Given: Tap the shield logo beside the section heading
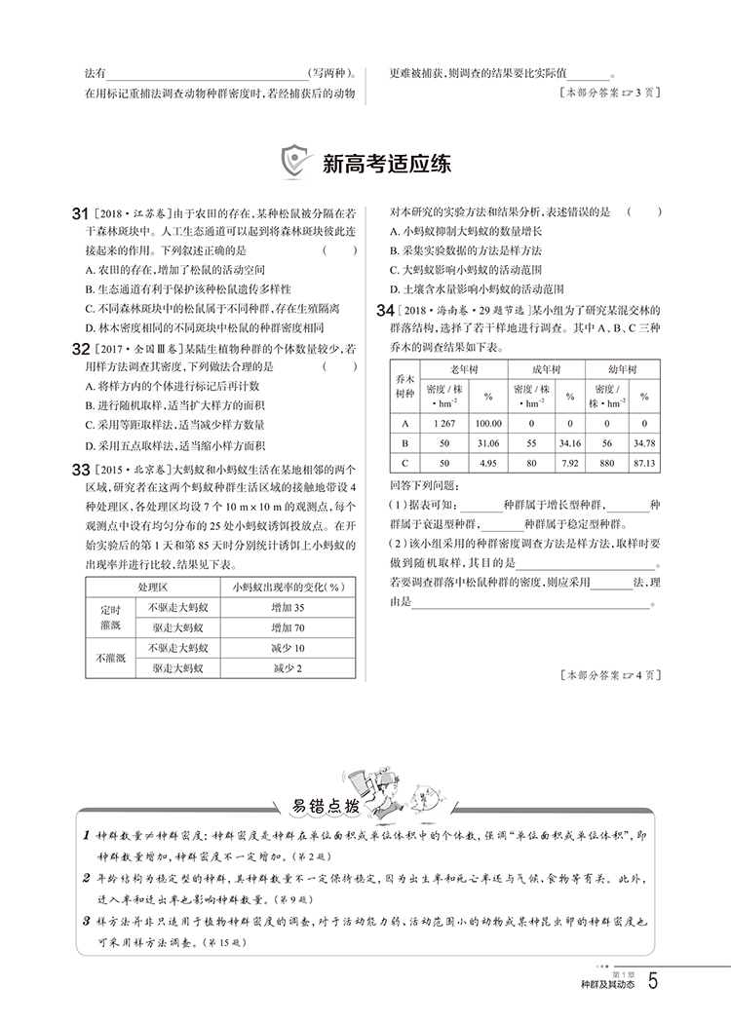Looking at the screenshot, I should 295,163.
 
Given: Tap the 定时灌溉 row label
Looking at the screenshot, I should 113,616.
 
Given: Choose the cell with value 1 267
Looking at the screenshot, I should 443,424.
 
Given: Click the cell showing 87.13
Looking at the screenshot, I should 643,463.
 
